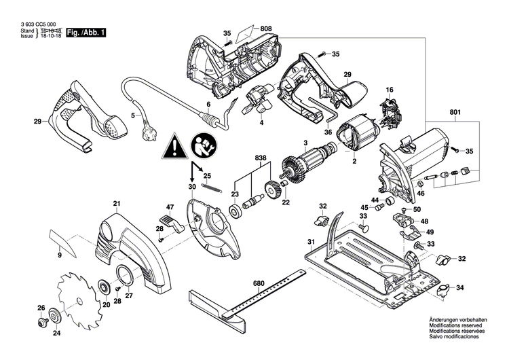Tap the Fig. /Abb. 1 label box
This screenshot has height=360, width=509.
click(86, 33)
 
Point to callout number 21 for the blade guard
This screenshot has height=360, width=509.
click(116, 204)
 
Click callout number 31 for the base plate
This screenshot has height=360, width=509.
click(310, 242)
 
